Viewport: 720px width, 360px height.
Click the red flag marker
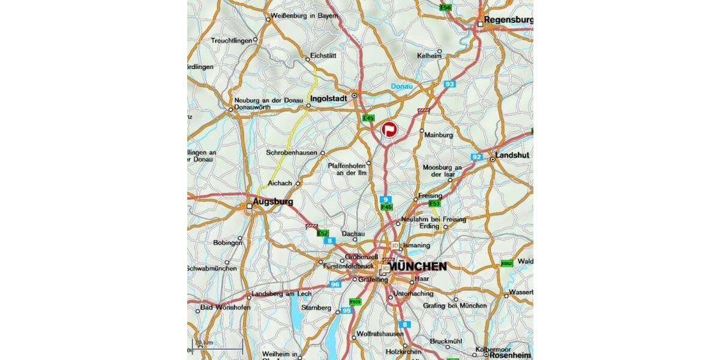pyautogui.click(x=389, y=128)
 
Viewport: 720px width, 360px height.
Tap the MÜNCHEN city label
pyautogui.click(x=418, y=266)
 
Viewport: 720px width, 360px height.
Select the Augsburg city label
pyautogui.click(x=273, y=202)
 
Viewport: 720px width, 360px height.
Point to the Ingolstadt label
pyautogui.click(x=329, y=98)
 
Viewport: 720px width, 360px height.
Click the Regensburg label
pyautogui.click(x=508, y=20)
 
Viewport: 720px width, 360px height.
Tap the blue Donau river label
pyautogui.click(x=402, y=87)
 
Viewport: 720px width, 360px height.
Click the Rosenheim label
pyautogui.click(x=511, y=355)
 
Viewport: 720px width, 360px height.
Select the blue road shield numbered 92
pyautogui.click(x=477, y=157)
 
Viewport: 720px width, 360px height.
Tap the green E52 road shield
pyautogui.click(x=323, y=233)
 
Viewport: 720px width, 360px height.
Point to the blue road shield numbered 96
pyautogui.click(x=335, y=284)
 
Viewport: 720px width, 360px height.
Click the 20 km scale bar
pyautogui.click(x=217, y=344)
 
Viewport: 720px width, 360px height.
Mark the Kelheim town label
pyautogui.click(x=430, y=56)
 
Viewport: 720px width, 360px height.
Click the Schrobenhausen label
pyautogui.click(x=291, y=153)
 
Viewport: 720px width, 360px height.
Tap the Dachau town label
pyautogui.click(x=353, y=233)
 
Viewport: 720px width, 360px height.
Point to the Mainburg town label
pyautogui.click(x=439, y=135)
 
